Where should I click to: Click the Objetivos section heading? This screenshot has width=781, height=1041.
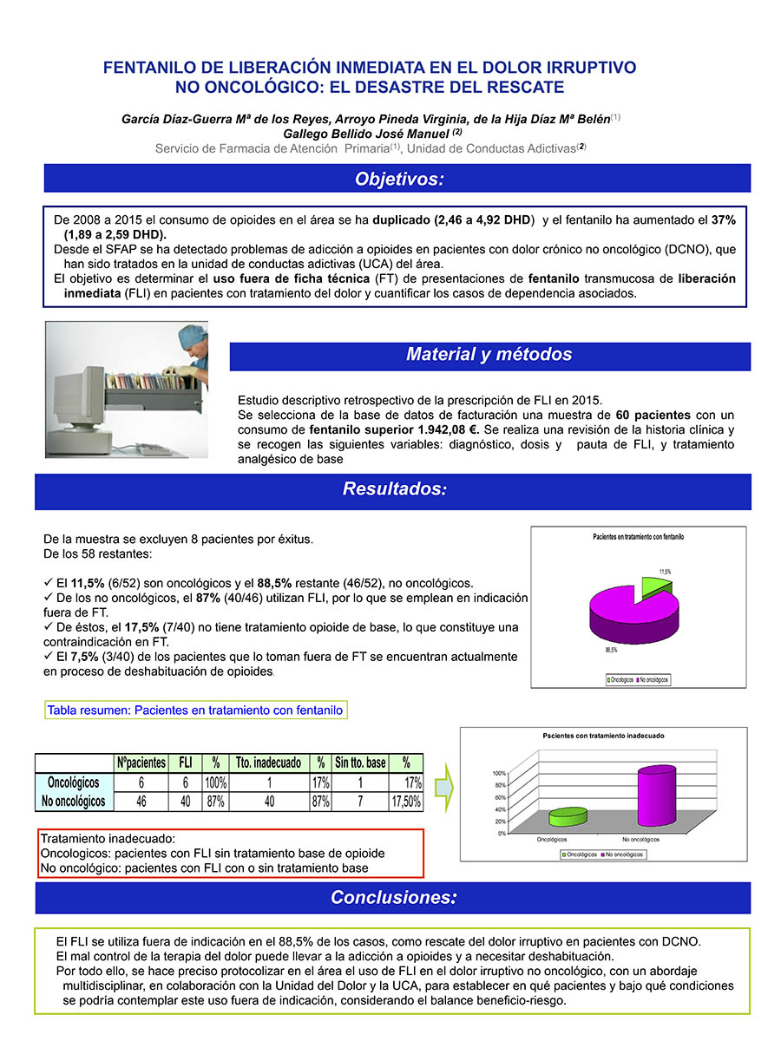[x=398, y=179]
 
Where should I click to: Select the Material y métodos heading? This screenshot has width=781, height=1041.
[x=489, y=355]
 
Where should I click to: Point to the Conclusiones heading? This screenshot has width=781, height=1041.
[x=393, y=898]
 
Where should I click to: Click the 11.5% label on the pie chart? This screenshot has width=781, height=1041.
[x=665, y=571]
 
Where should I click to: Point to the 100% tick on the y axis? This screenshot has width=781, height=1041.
[x=499, y=773]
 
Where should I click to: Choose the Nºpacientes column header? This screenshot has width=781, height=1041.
[x=141, y=763]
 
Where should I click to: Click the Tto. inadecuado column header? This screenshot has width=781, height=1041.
[x=269, y=763]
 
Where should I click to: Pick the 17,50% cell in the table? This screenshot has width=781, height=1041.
[x=406, y=802]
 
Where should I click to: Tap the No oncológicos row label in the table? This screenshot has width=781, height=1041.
[x=74, y=802]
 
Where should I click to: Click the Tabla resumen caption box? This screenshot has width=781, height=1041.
[x=195, y=710]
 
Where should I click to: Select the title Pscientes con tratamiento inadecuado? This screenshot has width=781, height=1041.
[x=604, y=736]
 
